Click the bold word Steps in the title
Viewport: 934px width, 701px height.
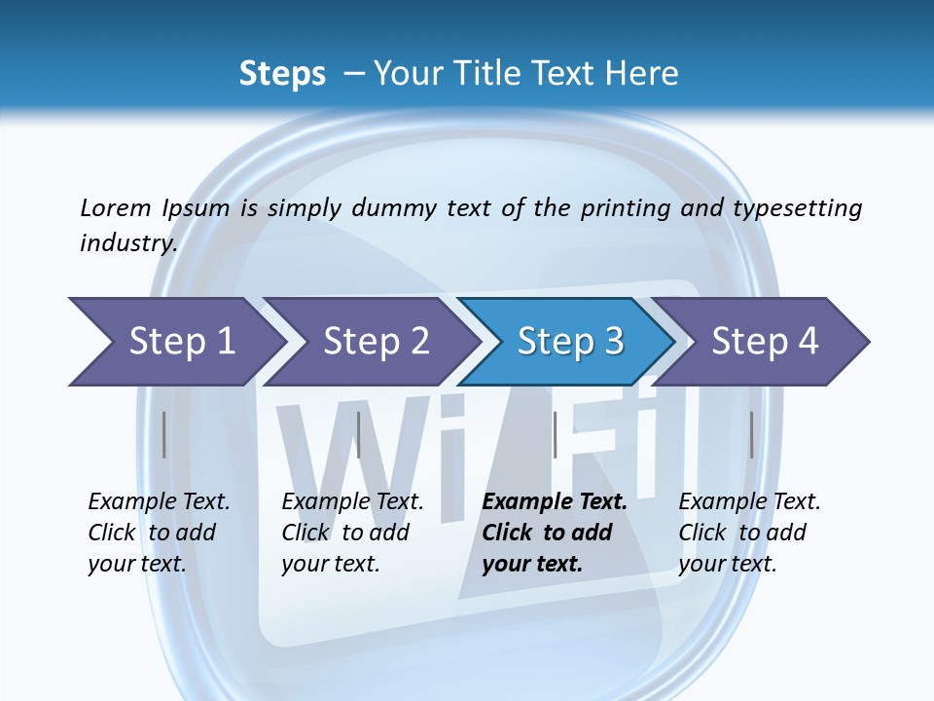tap(282, 74)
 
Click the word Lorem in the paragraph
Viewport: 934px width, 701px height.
tap(114, 207)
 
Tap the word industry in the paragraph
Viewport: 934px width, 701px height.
tap(127, 242)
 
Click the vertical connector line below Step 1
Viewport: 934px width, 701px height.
tap(164, 434)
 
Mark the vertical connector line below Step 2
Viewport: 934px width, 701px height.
tap(359, 434)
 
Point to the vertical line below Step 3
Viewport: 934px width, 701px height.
tap(555, 434)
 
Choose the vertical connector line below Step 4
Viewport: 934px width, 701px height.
tap(751, 434)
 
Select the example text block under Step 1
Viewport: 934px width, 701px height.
tap(158, 533)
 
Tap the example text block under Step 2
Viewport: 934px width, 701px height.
tap(351, 533)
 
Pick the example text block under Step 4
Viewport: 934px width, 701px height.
tap(748, 533)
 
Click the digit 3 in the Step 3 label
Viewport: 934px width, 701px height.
tap(613, 342)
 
